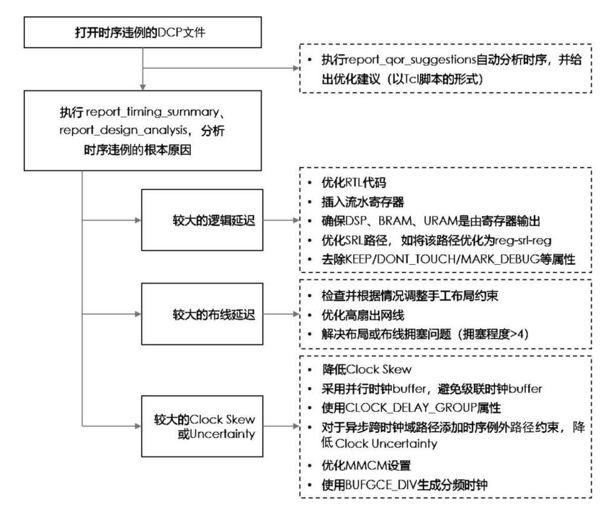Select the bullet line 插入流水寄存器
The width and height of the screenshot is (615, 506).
tap(357, 203)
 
